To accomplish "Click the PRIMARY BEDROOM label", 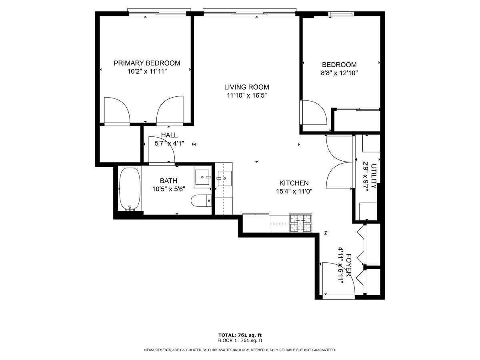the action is click(x=147, y=63).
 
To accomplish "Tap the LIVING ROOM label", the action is click(x=246, y=87).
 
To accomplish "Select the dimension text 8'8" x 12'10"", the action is click(x=339, y=73).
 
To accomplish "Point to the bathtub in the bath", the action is click(x=130, y=189).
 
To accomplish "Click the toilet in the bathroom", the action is click(x=201, y=200).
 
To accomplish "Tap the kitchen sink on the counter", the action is click(x=224, y=178).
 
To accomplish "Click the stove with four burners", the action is click(x=301, y=223).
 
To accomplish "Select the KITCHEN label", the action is click(x=294, y=183).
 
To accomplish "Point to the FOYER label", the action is click(x=349, y=265).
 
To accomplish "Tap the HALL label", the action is click(x=169, y=135).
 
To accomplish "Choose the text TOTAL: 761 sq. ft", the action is click(x=240, y=335).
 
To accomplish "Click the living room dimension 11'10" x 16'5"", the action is click(x=247, y=96).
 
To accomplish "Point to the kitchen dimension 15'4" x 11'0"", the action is click(x=294, y=192).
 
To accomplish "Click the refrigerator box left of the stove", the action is click(x=256, y=223).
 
